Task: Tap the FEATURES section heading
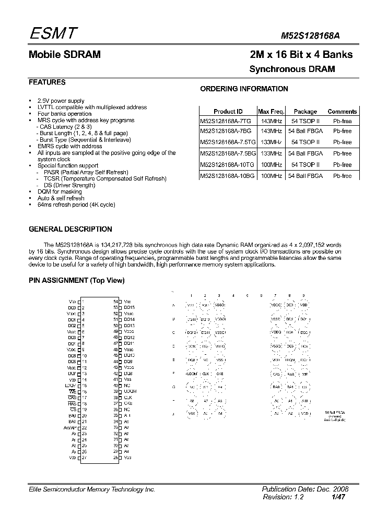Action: [47, 82]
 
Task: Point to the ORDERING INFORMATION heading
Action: [244, 89]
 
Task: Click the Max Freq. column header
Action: [271, 112]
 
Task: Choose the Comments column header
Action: [342, 112]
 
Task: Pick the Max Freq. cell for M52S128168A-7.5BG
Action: [271, 154]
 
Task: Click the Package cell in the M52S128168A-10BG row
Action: [305, 176]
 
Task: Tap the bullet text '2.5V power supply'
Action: [61, 101]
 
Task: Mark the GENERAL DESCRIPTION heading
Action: [70, 229]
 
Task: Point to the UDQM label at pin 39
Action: [131, 391]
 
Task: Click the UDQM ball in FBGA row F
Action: [192, 374]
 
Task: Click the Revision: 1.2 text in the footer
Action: [283, 497]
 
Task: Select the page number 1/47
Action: [339, 497]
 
